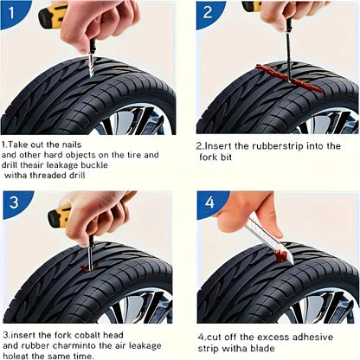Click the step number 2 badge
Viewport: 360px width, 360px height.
click(207, 12)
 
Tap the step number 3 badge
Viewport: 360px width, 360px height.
click(11, 204)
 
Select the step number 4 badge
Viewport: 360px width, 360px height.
click(208, 204)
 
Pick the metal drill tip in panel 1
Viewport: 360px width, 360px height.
click(87, 67)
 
